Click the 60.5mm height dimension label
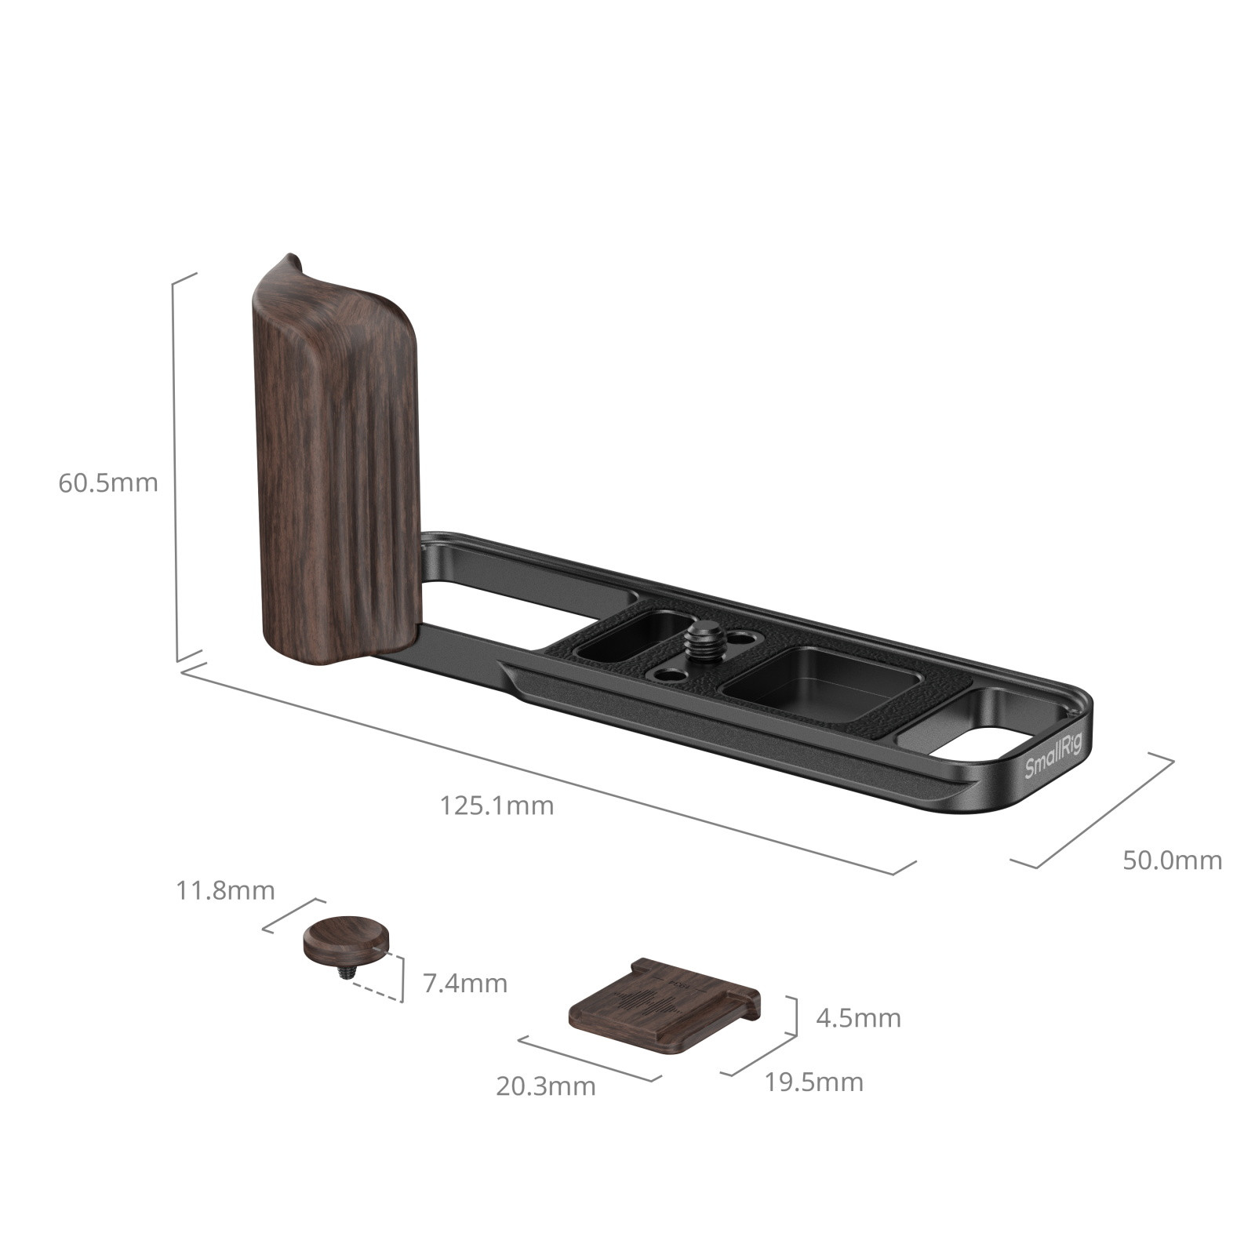point(107,482)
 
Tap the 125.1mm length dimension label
point(497,806)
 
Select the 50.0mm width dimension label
point(1172,860)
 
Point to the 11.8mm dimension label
point(225,891)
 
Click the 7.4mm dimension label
point(465,983)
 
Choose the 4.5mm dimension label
point(858,1019)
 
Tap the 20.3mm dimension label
point(545,1087)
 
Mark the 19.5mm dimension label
point(813,1082)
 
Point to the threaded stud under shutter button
point(346,973)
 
